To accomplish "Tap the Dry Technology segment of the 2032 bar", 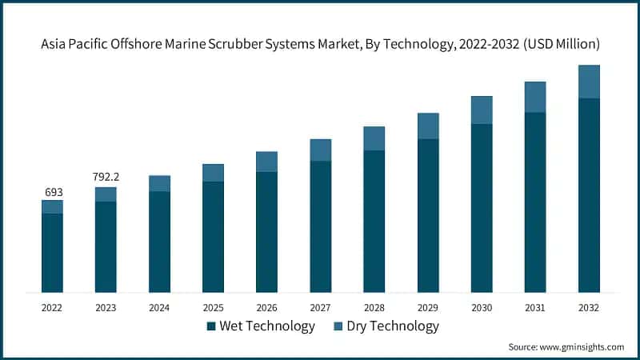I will (x=589, y=82).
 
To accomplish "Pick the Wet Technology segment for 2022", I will (x=53, y=252).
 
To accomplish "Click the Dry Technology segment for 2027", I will (x=321, y=150).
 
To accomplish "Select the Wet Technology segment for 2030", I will (x=482, y=207).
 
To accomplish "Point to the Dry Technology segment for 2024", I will (x=160, y=183).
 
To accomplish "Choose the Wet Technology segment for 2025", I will (x=214, y=236).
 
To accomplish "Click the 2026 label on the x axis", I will (x=267, y=307).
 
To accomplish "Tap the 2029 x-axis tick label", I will (x=428, y=307).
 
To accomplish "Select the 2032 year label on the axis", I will (x=589, y=307).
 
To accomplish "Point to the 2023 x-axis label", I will (x=106, y=307).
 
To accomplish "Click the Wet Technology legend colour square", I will (x=211, y=326).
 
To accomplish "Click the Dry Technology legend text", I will (x=391, y=326).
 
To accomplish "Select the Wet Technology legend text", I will (x=267, y=326).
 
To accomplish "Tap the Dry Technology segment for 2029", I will (x=428, y=126).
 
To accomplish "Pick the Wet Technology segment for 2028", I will (x=374, y=221).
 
